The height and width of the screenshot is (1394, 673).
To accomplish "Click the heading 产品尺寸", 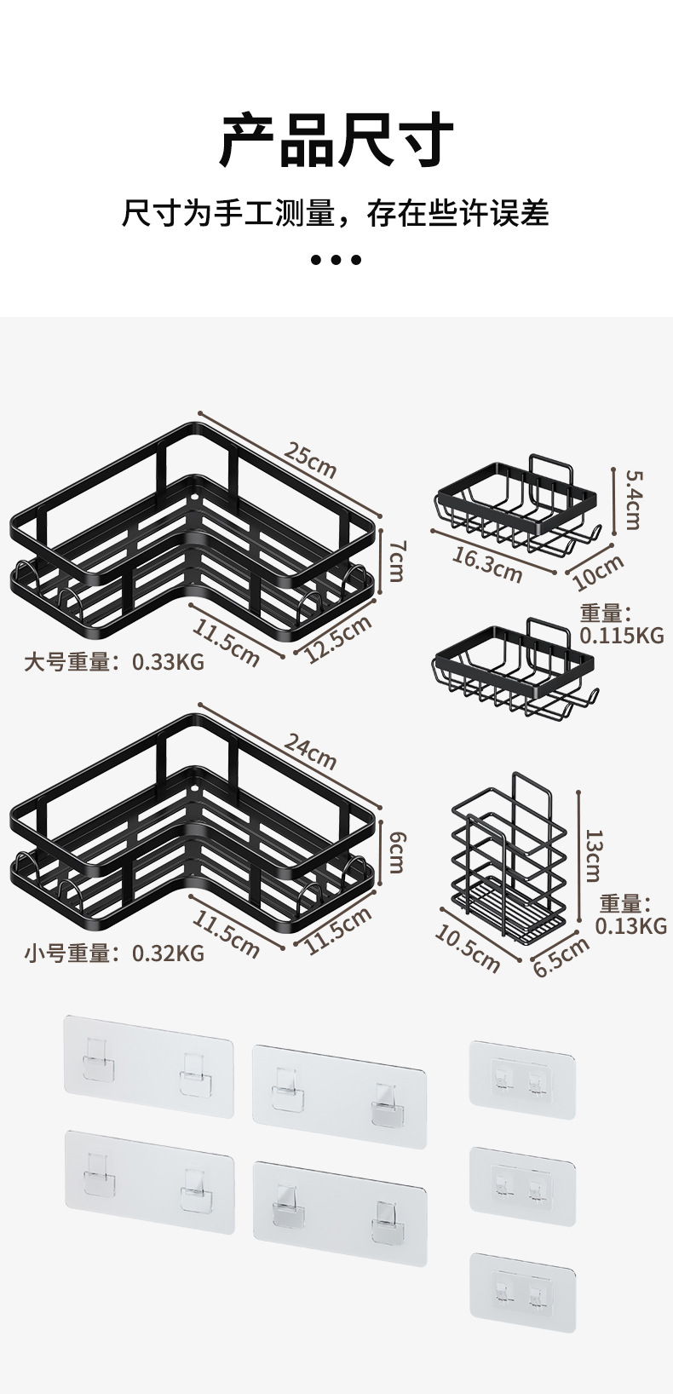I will click(x=336, y=141).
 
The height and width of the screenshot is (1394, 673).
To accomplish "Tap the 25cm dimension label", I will click(x=310, y=460).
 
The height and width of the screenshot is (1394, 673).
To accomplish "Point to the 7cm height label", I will click(x=396, y=560).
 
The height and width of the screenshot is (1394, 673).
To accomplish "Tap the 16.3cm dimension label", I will click(x=486, y=564).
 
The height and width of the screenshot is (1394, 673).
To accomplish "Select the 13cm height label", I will click(x=594, y=855).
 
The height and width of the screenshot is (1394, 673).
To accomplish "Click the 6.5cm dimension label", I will click(x=561, y=956).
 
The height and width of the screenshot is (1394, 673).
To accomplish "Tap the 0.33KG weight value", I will click(x=168, y=661).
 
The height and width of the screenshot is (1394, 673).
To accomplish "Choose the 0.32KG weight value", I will click(x=168, y=953).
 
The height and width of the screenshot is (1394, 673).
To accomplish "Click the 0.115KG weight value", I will click(x=621, y=635).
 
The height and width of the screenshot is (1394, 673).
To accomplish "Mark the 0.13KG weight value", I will click(x=630, y=925).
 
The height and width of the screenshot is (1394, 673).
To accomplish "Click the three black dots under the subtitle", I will click(x=336, y=259).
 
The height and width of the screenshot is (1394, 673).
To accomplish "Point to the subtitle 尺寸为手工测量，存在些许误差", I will click(x=336, y=213).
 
